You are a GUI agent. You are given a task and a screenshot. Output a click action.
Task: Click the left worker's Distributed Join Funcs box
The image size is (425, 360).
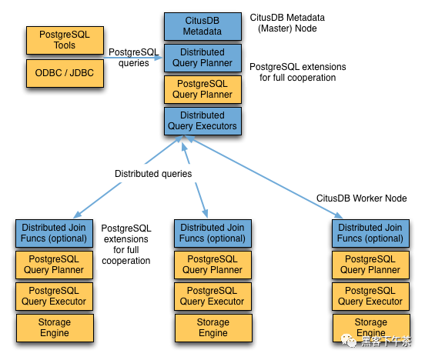[x=54, y=232]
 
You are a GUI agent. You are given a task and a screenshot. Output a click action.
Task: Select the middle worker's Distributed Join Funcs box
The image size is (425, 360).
[x=213, y=232]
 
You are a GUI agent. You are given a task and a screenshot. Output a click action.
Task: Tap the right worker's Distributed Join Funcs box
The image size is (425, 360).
[x=370, y=232]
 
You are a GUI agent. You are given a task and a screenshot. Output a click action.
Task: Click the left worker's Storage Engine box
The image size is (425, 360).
[x=54, y=328]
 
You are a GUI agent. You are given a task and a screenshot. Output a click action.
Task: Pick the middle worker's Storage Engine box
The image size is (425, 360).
[x=213, y=328]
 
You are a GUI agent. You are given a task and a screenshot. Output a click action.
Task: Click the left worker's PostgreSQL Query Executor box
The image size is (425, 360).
[x=54, y=296]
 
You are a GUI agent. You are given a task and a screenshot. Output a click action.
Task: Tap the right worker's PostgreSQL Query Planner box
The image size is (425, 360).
[x=370, y=265]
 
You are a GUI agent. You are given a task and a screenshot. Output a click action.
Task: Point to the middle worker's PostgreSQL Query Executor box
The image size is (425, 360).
[x=213, y=296]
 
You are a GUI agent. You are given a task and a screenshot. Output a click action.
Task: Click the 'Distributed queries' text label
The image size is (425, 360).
[x=153, y=174]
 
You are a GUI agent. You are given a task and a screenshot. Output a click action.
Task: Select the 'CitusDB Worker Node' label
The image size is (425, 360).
[x=360, y=198]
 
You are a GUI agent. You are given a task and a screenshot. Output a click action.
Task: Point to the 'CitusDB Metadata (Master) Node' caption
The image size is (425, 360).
[x=297, y=22]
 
